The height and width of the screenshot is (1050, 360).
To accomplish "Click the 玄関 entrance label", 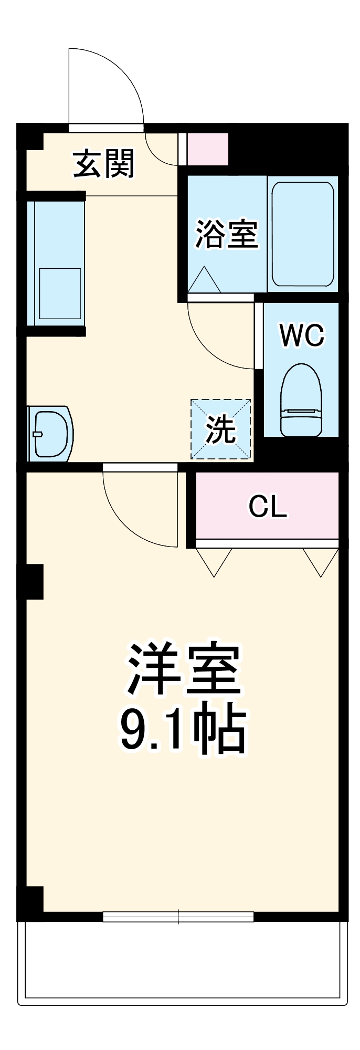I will [103, 164].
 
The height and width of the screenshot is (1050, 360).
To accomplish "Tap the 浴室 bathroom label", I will [227, 234].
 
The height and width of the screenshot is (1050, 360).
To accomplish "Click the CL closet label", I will [268, 507].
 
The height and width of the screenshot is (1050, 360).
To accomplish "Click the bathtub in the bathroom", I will [302, 234].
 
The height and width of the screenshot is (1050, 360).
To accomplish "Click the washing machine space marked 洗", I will [220, 429].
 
